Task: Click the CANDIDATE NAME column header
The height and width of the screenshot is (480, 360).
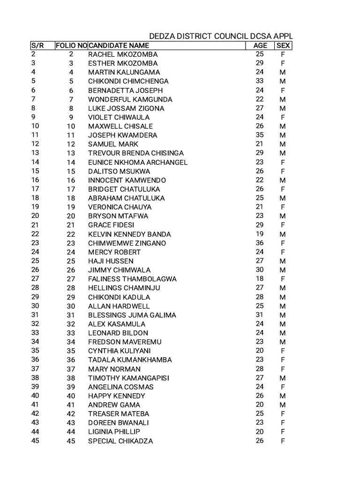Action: tap(119, 45)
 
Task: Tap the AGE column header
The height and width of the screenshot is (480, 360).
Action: tap(260, 45)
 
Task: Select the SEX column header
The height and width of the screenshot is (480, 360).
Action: tap(283, 45)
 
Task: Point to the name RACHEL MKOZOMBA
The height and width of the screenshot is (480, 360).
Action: tap(123, 54)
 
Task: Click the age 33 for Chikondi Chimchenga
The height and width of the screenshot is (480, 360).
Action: tap(260, 81)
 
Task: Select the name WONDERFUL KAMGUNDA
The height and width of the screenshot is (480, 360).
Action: tap(130, 99)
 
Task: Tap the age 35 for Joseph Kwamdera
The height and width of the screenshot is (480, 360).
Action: tap(260, 135)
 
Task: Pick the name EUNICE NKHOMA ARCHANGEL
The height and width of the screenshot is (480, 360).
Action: tap(138, 162)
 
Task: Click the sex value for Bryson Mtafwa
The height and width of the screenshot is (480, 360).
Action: tap(283, 216)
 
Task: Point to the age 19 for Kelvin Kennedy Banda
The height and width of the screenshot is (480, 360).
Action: tap(260, 234)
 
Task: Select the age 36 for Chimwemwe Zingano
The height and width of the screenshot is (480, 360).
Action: tap(260, 243)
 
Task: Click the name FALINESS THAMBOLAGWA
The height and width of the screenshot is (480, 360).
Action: tap(132, 279)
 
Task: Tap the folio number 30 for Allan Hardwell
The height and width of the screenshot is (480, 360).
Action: tap(71, 306)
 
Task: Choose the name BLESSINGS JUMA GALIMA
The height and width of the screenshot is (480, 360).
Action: tap(132, 315)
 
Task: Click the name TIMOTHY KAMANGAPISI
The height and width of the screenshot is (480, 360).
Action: tap(128, 378)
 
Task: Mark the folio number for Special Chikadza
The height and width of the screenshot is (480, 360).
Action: tap(71, 441)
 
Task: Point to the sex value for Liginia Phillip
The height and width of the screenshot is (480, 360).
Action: tap(283, 432)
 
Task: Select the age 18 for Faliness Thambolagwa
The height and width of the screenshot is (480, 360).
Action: tap(260, 279)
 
